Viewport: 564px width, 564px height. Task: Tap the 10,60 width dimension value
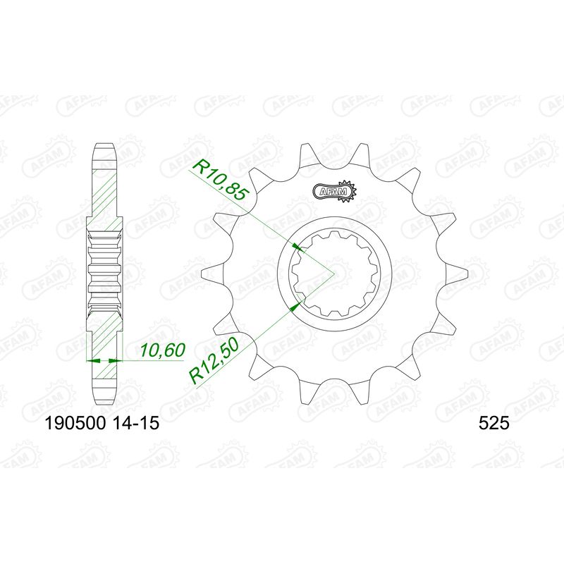[x=163, y=350]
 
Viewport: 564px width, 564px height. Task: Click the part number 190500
[x=75, y=423]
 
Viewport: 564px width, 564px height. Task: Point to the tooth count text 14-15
[x=135, y=423]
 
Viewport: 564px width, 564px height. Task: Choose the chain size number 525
[x=494, y=423]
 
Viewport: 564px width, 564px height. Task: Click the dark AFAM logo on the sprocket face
[x=334, y=191]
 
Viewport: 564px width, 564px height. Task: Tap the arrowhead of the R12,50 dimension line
[x=295, y=306]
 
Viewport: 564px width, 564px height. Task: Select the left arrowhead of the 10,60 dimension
[x=93, y=360]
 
